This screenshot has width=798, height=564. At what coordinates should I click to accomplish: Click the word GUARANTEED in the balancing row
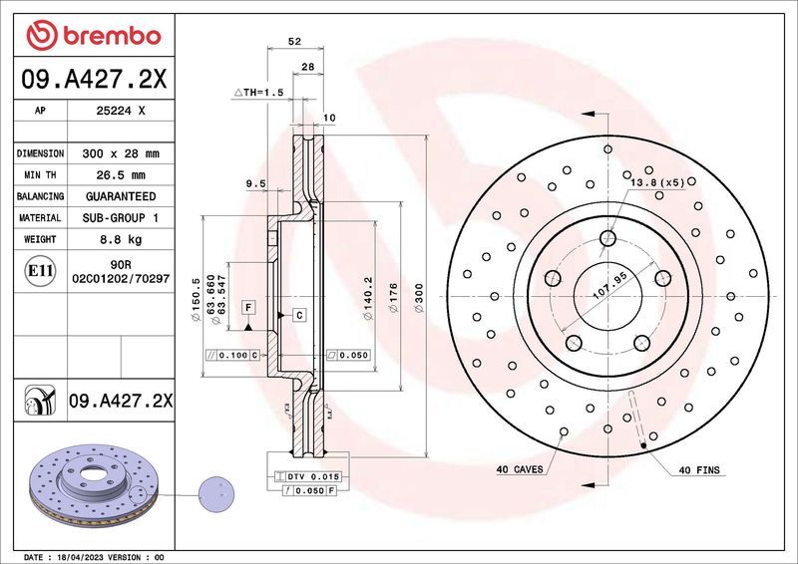(x=121, y=196)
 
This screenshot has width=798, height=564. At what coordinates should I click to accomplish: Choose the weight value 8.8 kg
(x=121, y=239)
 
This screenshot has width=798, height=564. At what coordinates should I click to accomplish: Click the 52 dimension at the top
(x=294, y=42)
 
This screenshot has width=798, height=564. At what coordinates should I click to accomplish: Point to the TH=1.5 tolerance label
(x=259, y=92)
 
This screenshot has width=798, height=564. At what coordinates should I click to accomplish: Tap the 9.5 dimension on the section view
(x=254, y=183)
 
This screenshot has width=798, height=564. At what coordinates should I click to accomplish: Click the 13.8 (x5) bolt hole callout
(x=656, y=182)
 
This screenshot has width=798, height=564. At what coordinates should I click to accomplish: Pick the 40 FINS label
(x=699, y=469)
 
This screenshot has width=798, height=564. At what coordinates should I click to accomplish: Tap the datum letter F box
(x=247, y=307)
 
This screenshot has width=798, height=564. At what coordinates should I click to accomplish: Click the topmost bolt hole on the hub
(x=607, y=237)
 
